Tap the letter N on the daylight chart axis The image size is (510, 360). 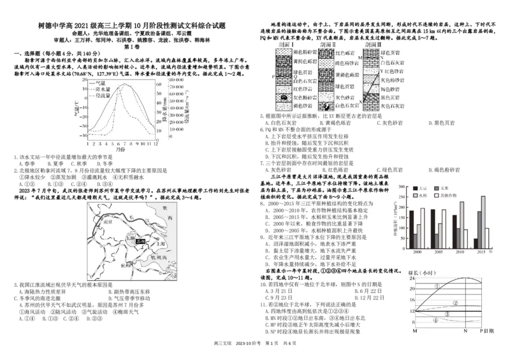tap(465, 331)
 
